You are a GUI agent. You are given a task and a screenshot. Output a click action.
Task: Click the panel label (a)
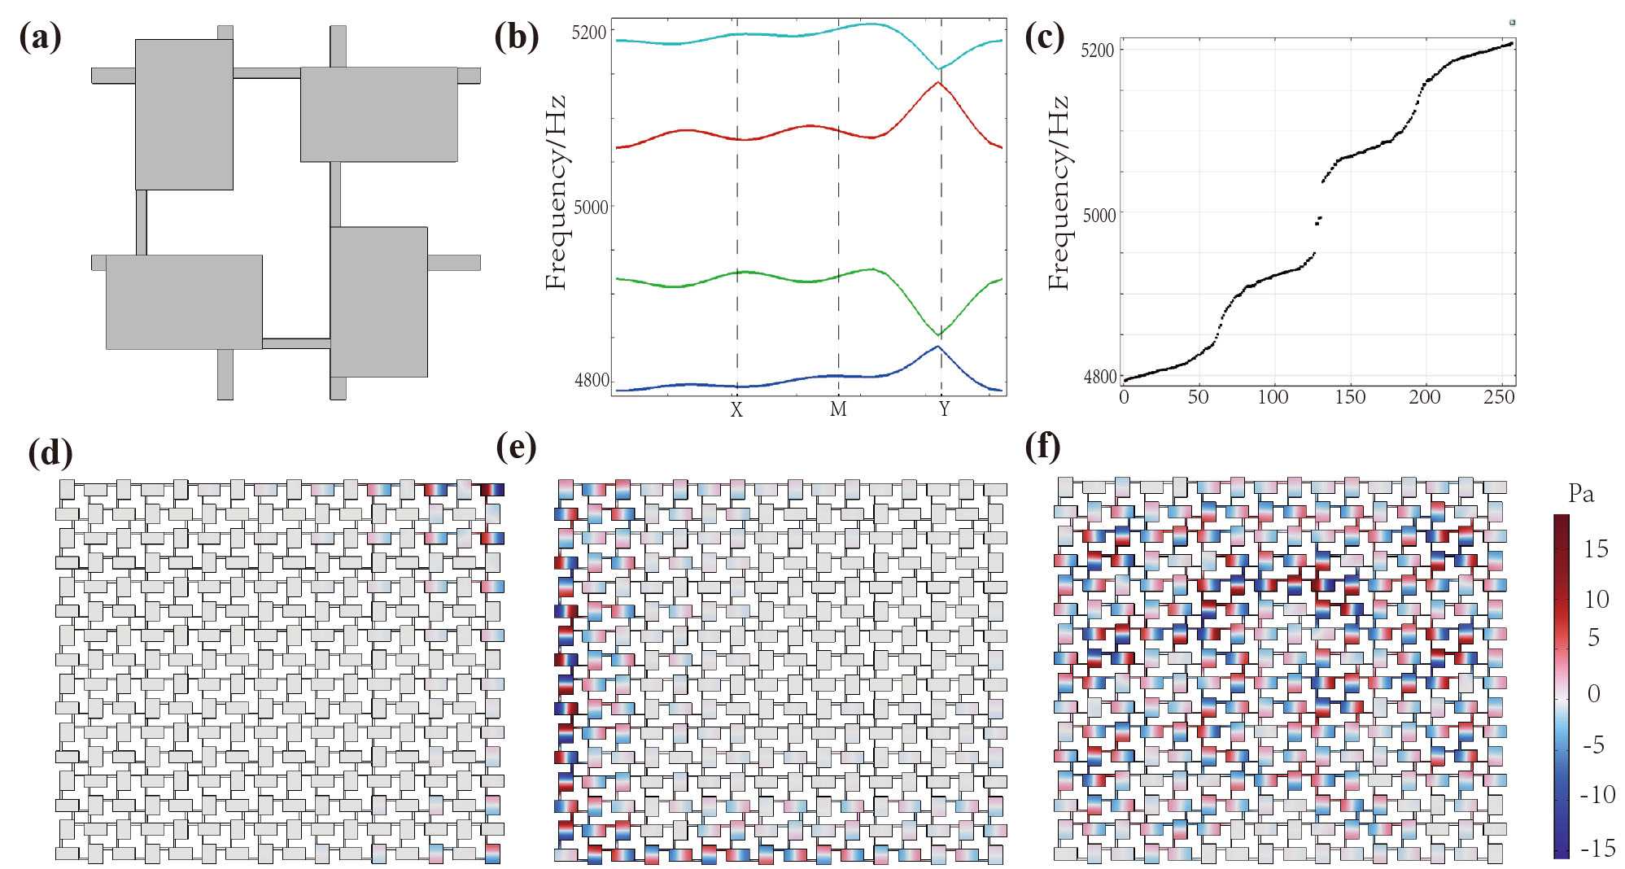tap(40, 37)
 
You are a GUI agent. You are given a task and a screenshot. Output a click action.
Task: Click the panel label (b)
tap(517, 37)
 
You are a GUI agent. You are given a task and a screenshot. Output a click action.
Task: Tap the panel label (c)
tap(1045, 37)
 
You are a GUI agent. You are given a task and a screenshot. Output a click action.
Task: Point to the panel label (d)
tap(50, 452)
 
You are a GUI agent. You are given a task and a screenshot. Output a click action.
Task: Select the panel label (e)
tap(517, 447)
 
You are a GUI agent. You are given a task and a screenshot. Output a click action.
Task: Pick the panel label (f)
tap(1043, 447)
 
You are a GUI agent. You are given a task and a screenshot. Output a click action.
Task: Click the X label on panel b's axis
tap(736, 410)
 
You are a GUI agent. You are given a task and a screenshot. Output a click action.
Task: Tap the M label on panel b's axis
tap(838, 410)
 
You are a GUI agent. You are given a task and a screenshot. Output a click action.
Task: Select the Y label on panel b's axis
tap(944, 410)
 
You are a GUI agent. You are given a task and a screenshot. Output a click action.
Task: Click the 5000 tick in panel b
tap(591, 207)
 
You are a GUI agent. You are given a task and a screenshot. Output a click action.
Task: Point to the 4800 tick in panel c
tap(1100, 378)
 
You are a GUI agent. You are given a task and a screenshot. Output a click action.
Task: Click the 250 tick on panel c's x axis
tap(1499, 397)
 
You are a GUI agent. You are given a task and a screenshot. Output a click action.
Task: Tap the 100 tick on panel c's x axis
tap(1273, 397)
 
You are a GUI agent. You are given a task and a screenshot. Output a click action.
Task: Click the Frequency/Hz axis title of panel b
tap(557, 192)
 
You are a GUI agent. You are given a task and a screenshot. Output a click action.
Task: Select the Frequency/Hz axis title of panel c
tap(1059, 192)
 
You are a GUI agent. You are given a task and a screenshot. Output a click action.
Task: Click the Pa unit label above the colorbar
tap(1581, 494)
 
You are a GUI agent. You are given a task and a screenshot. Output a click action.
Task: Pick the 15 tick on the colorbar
tap(1596, 549)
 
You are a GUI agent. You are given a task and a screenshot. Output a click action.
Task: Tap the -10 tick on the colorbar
tap(1597, 794)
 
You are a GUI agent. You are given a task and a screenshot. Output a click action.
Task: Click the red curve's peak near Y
tap(938, 82)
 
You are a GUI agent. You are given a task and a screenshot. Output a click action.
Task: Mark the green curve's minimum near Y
tap(940, 335)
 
